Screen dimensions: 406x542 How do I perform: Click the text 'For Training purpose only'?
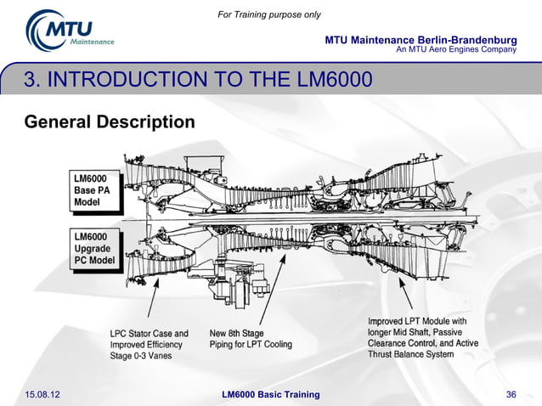pyautogui.click(x=269, y=14)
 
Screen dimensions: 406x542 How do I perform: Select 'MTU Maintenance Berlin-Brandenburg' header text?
pyautogui.click(x=421, y=41)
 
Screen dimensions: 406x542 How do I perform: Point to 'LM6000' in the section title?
pyautogui.click(x=336, y=82)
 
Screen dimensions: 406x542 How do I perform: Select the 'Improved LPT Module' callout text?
pyautogui.click(x=416, y=322)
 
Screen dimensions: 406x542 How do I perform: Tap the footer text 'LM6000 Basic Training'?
pyautogui.click(x=270, y=394)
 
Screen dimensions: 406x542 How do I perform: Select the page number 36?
pyautogui.click(x=511, y=394)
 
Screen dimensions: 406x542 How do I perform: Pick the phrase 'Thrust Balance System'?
pyautogui.click(x=410, y=354)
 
